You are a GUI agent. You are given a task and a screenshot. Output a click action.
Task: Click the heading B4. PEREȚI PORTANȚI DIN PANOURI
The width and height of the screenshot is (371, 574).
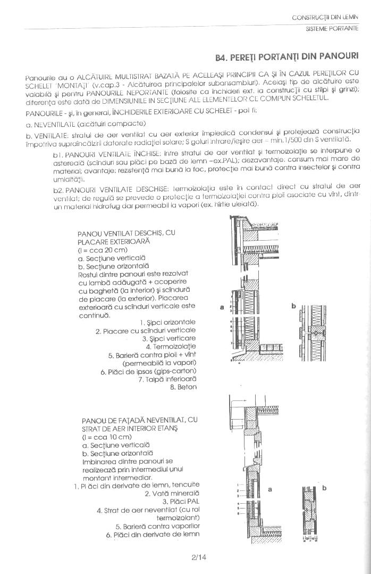pyautogui.click(x=287, y=56)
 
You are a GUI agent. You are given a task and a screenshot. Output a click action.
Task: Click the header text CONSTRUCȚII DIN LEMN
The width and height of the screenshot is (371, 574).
pyautogui.click(x=325, y=18)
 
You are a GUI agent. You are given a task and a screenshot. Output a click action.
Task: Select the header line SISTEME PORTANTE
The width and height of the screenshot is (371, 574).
pyautogui.click(x=332, y=28)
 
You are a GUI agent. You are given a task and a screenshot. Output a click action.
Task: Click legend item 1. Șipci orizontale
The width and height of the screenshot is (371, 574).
pyautogui.click(x=168, y=322)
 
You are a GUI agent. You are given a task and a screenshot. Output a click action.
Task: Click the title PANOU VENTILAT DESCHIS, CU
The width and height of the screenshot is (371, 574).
pyautogui.click(x=126, y=233)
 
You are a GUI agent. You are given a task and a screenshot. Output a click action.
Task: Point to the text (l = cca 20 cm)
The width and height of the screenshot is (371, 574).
pyautogui.click(x=103, y=250)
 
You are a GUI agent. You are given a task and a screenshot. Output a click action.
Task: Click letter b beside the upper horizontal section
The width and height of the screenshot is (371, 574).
pyautogui.click(x=293, y=306)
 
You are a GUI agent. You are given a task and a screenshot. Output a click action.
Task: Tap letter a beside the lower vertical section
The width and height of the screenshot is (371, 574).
pyautogui.click(x=269, y=489)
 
